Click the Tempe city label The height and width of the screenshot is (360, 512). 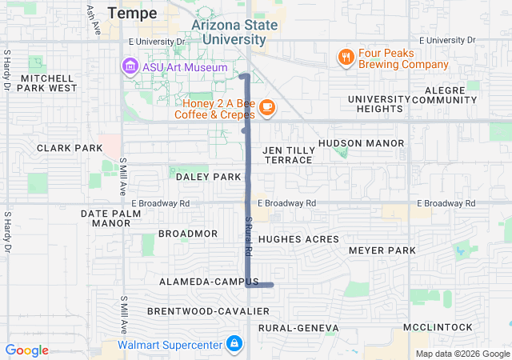132,13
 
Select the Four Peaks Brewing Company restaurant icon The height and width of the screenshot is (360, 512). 346,57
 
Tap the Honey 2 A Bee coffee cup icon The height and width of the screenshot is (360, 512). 267,106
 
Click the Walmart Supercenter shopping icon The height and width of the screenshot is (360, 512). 234,345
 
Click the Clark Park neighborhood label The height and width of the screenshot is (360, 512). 70,148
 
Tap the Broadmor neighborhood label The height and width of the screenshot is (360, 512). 188,234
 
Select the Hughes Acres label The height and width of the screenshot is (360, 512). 293,238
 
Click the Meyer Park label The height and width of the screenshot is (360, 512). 382,250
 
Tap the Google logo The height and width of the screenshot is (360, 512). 27,350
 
